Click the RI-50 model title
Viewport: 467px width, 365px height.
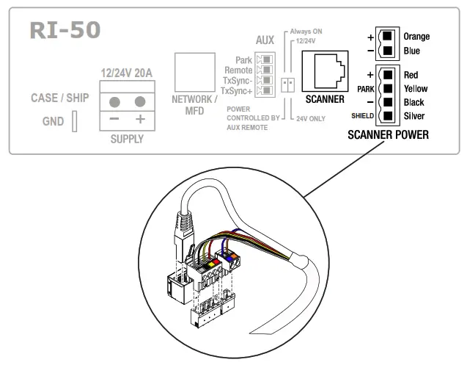[x=65, y=31]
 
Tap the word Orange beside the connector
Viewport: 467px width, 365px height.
[x=416, y=36]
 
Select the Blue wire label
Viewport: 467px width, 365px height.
[x=412, y=51]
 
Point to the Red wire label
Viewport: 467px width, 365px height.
[x=411, y=75]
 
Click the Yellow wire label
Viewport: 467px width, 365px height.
[x=416, y=89]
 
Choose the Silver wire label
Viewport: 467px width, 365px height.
[x=414, y=117]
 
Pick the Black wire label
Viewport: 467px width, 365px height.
[x=413, y=103]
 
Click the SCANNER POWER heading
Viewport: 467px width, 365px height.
[x=388, y=135]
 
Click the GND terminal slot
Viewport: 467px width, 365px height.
[x=75, y=122]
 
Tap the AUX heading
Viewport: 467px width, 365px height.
[x=265, y=40]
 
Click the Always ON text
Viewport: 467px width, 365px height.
[x=306, y=32]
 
